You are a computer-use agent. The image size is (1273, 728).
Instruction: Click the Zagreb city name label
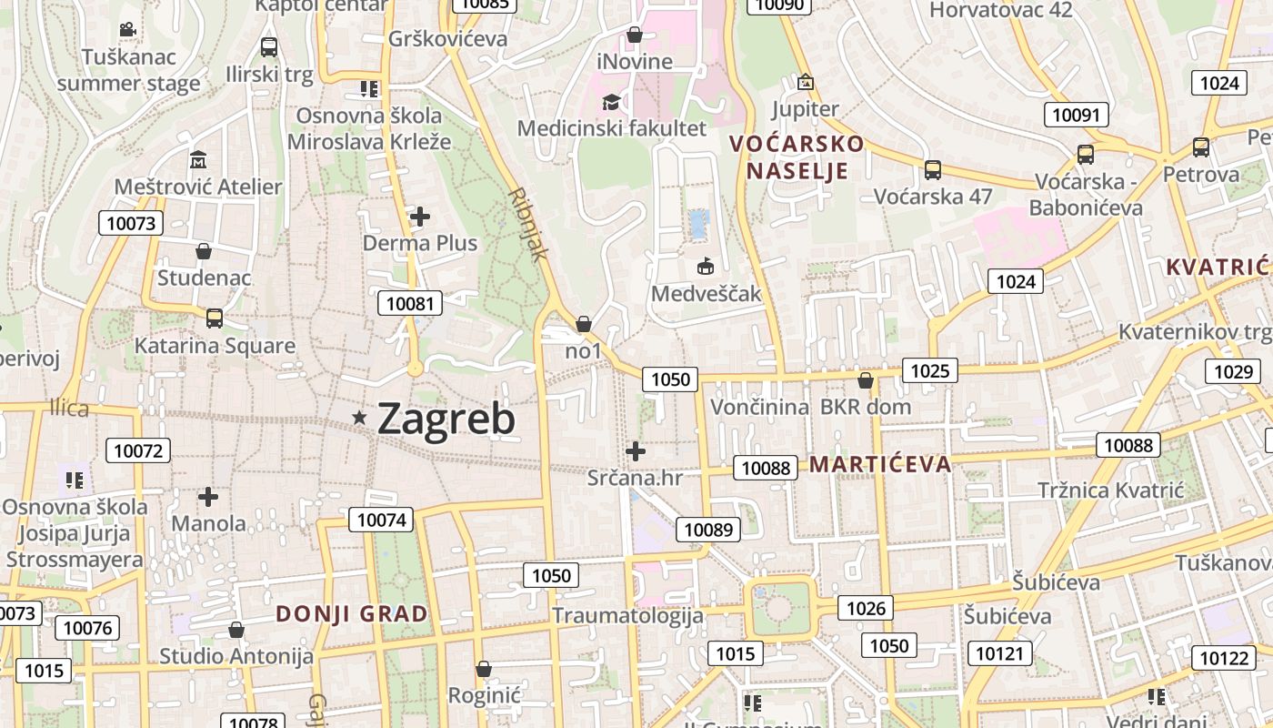click(446, 419)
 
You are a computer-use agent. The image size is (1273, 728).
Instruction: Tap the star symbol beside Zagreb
click(360, 418)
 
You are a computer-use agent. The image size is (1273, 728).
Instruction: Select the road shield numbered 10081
click(410, 303)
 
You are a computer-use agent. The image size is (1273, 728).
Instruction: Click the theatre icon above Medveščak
click(705, 267)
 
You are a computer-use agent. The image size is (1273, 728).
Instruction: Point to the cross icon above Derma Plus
click(419, 217)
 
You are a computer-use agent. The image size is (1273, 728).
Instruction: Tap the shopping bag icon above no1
click(584, 324)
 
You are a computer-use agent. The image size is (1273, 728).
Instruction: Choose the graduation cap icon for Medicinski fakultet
click(611, 101)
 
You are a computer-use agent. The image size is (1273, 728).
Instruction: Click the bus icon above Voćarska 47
click(932, 169)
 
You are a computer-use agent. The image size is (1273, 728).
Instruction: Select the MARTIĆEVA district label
click(880, 464)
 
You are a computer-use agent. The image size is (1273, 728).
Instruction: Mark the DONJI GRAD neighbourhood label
click(352, 613)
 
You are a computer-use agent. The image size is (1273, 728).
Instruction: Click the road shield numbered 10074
click(381, 520)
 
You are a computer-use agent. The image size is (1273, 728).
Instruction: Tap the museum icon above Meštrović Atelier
click(198, 160)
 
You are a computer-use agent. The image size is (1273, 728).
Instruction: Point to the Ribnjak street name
click(529, 224)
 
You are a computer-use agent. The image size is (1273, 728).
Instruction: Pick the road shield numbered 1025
click(929, 370)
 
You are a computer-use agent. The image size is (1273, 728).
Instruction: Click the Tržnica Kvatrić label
click(1110, 490)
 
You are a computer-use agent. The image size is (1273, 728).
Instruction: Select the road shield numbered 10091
click(1076, 115)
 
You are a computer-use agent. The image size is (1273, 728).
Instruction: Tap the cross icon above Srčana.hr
click(636, 450)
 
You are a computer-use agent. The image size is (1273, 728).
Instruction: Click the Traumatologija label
click(628, 616)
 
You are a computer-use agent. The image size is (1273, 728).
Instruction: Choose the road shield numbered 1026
click(865, 608)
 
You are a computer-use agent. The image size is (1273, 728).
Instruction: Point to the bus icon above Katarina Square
click(215, 318)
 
